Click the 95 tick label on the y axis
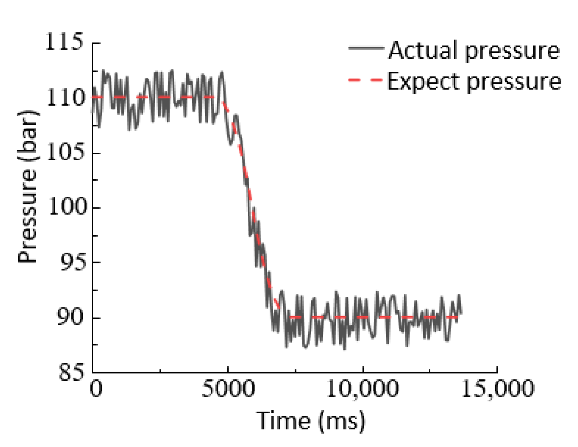click(x=72, y=262)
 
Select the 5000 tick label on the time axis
click(x=228, y=389)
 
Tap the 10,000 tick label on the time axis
click(x=362, y=389)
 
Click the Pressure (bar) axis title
click(x=28, y=186)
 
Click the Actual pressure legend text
click(x=474, y=50)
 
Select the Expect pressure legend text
click(x=474, y=82)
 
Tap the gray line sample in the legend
click(x=366, y=48)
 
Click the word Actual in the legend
click(x=424, y=50)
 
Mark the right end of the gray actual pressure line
click(x=460, y=313)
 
